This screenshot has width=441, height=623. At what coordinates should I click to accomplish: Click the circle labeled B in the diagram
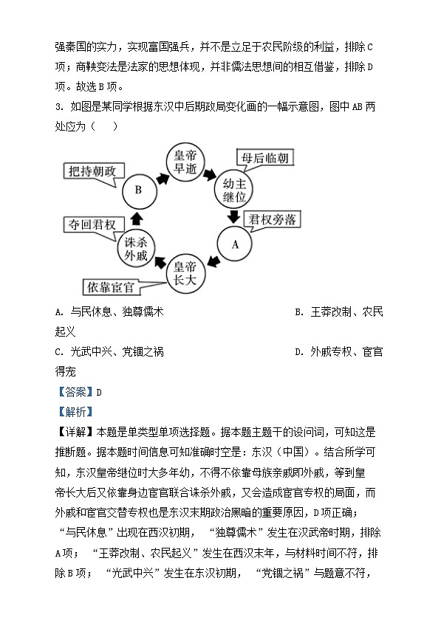137,190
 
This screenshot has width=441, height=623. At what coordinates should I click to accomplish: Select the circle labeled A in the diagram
236,243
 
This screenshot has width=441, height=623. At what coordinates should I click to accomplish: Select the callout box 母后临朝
262,158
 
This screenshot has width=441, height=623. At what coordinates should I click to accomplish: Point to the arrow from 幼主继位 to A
235,216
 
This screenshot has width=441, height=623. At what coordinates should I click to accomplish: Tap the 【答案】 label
74,392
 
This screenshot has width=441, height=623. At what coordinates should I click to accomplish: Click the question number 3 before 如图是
58,106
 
